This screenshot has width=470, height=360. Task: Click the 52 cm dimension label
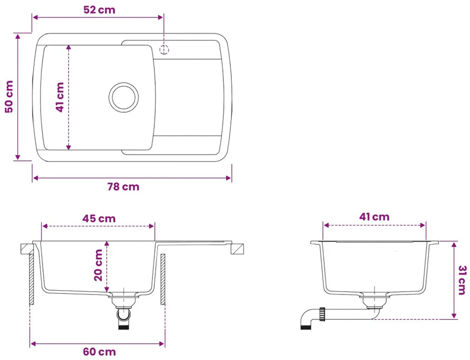point(99,10)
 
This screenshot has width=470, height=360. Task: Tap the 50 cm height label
point(9,97)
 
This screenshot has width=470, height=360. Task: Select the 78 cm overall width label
point(123,187)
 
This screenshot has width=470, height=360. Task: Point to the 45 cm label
point(99,219)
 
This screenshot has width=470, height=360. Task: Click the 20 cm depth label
point(98,265)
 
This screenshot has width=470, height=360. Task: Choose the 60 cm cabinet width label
point(99,352)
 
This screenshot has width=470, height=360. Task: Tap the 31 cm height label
point(462,280)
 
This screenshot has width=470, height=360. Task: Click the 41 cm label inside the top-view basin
point(60,97)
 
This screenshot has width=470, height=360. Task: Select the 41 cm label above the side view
point(374,217)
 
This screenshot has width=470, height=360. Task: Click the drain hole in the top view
point(124,97)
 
